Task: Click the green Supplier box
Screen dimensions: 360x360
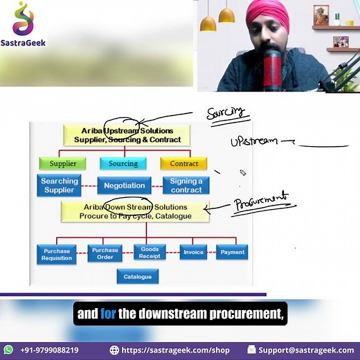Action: (x=62, y=164)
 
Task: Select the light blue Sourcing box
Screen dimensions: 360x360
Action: (x=123, y=164)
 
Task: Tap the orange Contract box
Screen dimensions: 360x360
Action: (x=183, y=164)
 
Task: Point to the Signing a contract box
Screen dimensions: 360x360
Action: (x=186, y=186)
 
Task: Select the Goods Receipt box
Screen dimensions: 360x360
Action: (x=150, y=253)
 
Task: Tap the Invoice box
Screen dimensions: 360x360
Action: (x=193, y=252)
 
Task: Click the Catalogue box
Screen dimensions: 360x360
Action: (x=138, y=277)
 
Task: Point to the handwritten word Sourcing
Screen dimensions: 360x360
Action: (x=226, y=113)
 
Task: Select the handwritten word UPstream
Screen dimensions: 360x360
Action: (x=253, y=141)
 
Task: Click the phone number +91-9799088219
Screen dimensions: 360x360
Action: (x=49, y=350)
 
